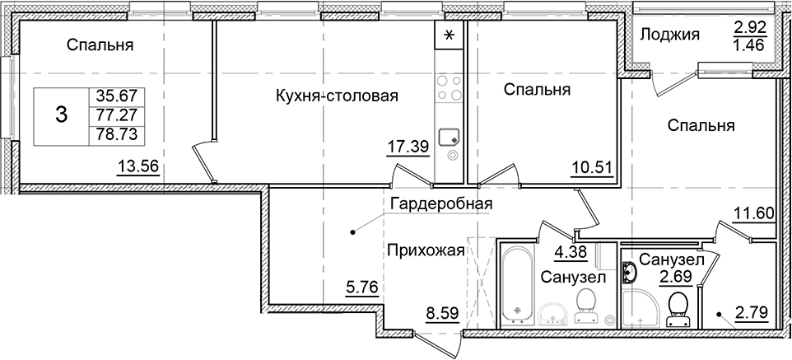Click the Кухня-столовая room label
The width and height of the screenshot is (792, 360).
tap(337, 96)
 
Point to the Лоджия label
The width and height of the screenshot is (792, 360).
tap(669, 34)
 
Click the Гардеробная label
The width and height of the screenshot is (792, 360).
tap(441, 203)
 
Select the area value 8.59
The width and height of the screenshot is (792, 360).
tap(442, 313)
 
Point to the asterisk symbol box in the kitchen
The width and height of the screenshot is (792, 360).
tap(450, 35)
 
